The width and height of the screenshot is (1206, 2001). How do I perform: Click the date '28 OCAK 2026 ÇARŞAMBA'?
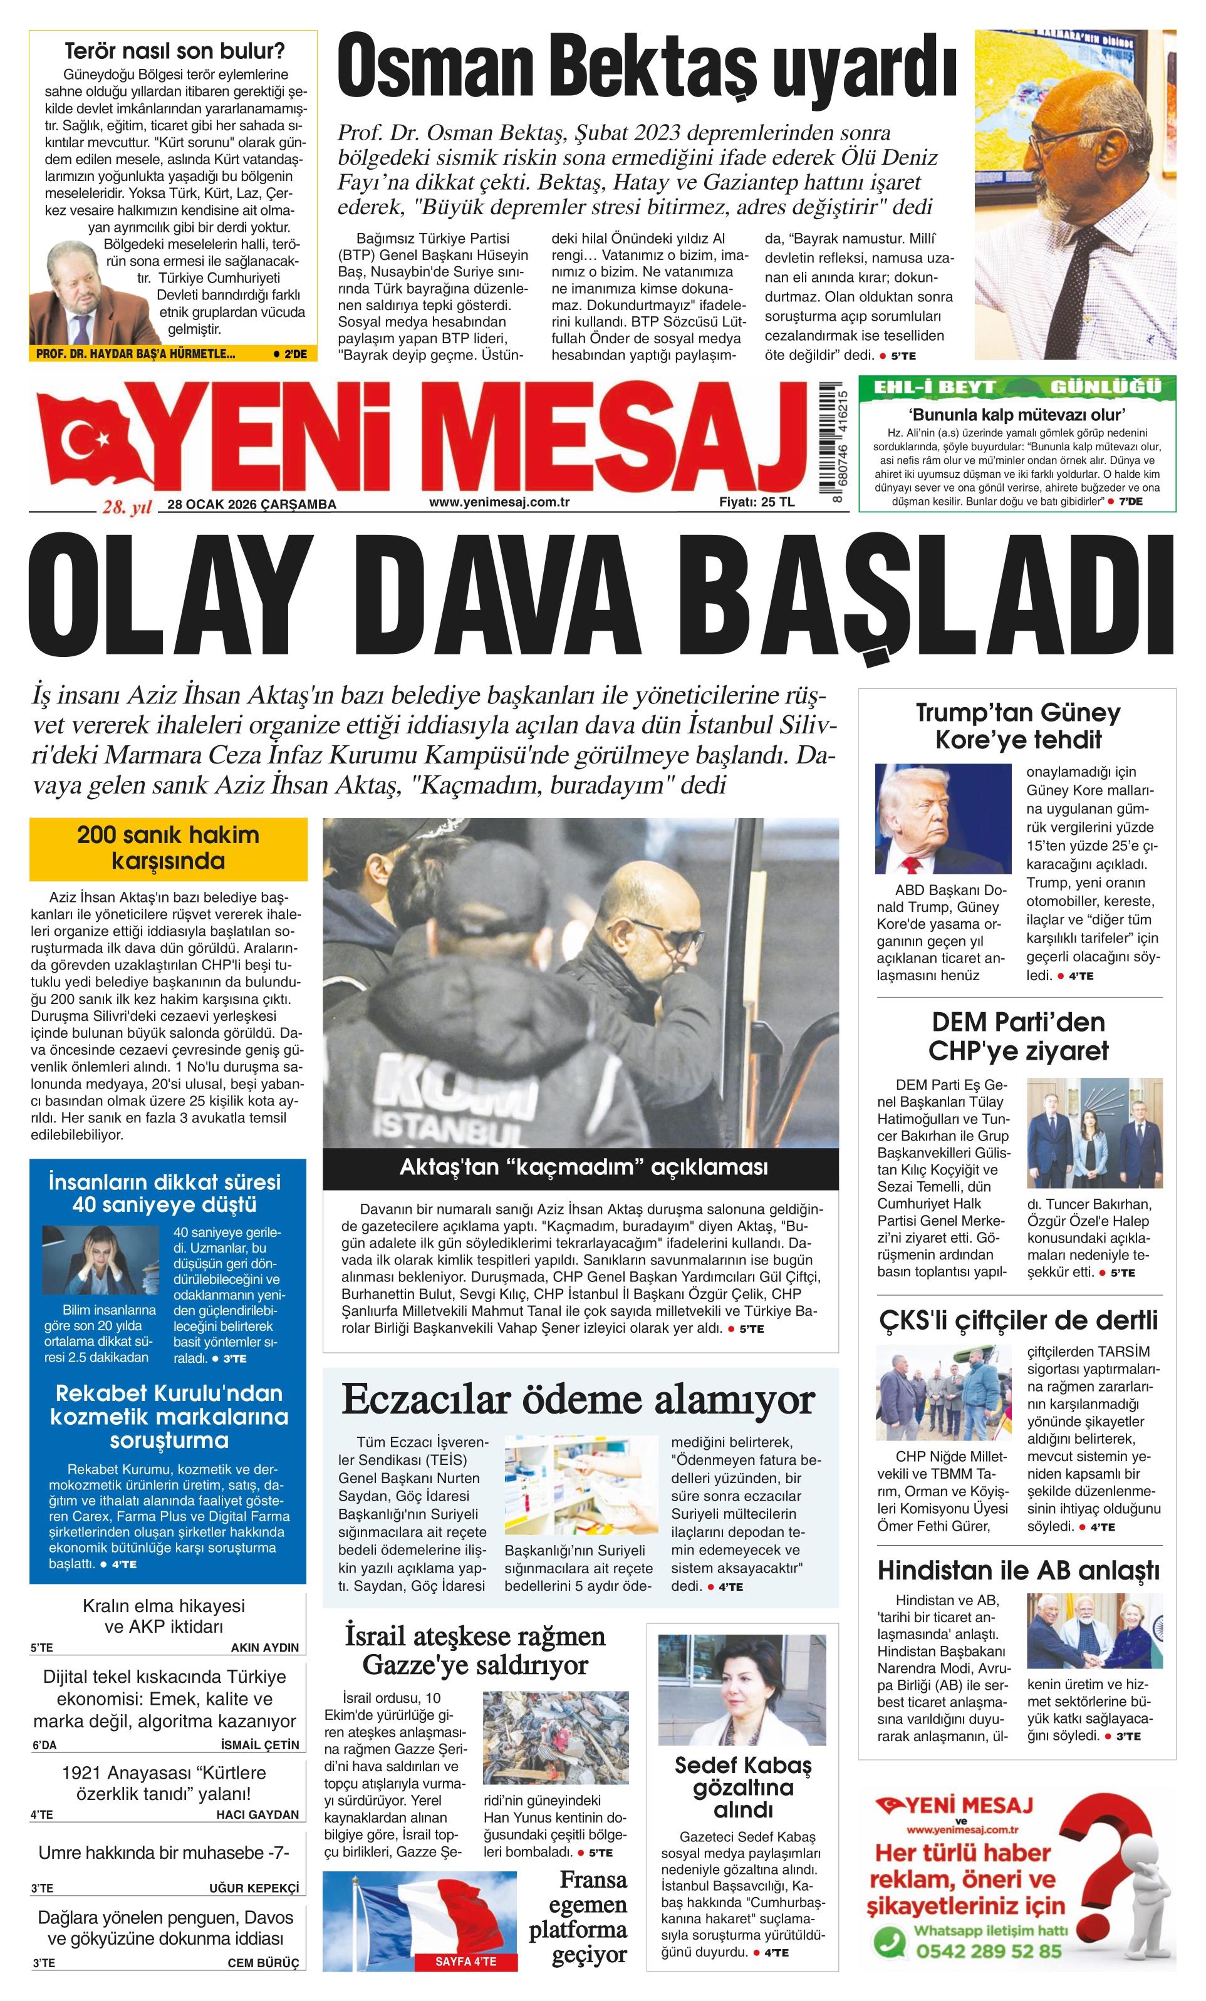coord(252,504)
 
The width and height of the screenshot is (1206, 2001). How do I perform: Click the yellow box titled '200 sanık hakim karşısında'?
coord(168,848)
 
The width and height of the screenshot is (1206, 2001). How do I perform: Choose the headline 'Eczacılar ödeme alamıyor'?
coord(578,1399)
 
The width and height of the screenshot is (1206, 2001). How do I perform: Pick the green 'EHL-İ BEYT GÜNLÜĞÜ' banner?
coord(1017,386)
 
